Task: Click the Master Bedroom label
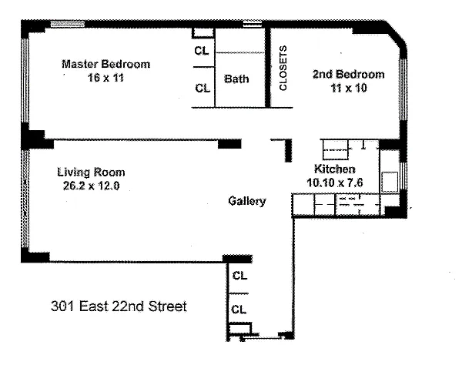(x=105, y=64)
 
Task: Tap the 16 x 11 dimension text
(x=105, y=78)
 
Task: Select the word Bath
(x=236, y=79)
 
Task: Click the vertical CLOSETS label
(x=283, y=68)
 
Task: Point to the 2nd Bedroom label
(x=349, y=74)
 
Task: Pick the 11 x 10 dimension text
(x=349, y=88)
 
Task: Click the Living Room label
(x=91, y=172)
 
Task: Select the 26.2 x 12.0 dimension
(x=91, y=186)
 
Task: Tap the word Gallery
(x=247, y=201)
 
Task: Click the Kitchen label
(x=335, y=169)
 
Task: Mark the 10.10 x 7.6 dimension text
(x=335, y=182)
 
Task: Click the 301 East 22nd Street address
(x=119, y=306)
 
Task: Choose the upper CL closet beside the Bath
(x=202, y=51)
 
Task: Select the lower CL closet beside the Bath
(x=203, y=88)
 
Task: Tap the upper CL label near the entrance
(x=239, y=276)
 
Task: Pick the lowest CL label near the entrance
(x=239, y=310)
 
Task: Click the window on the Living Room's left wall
(x=25, y=199)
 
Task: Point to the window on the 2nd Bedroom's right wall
(x=403, y=89)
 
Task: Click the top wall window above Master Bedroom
(x=68, y=24)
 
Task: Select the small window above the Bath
(x=253, y=24)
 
